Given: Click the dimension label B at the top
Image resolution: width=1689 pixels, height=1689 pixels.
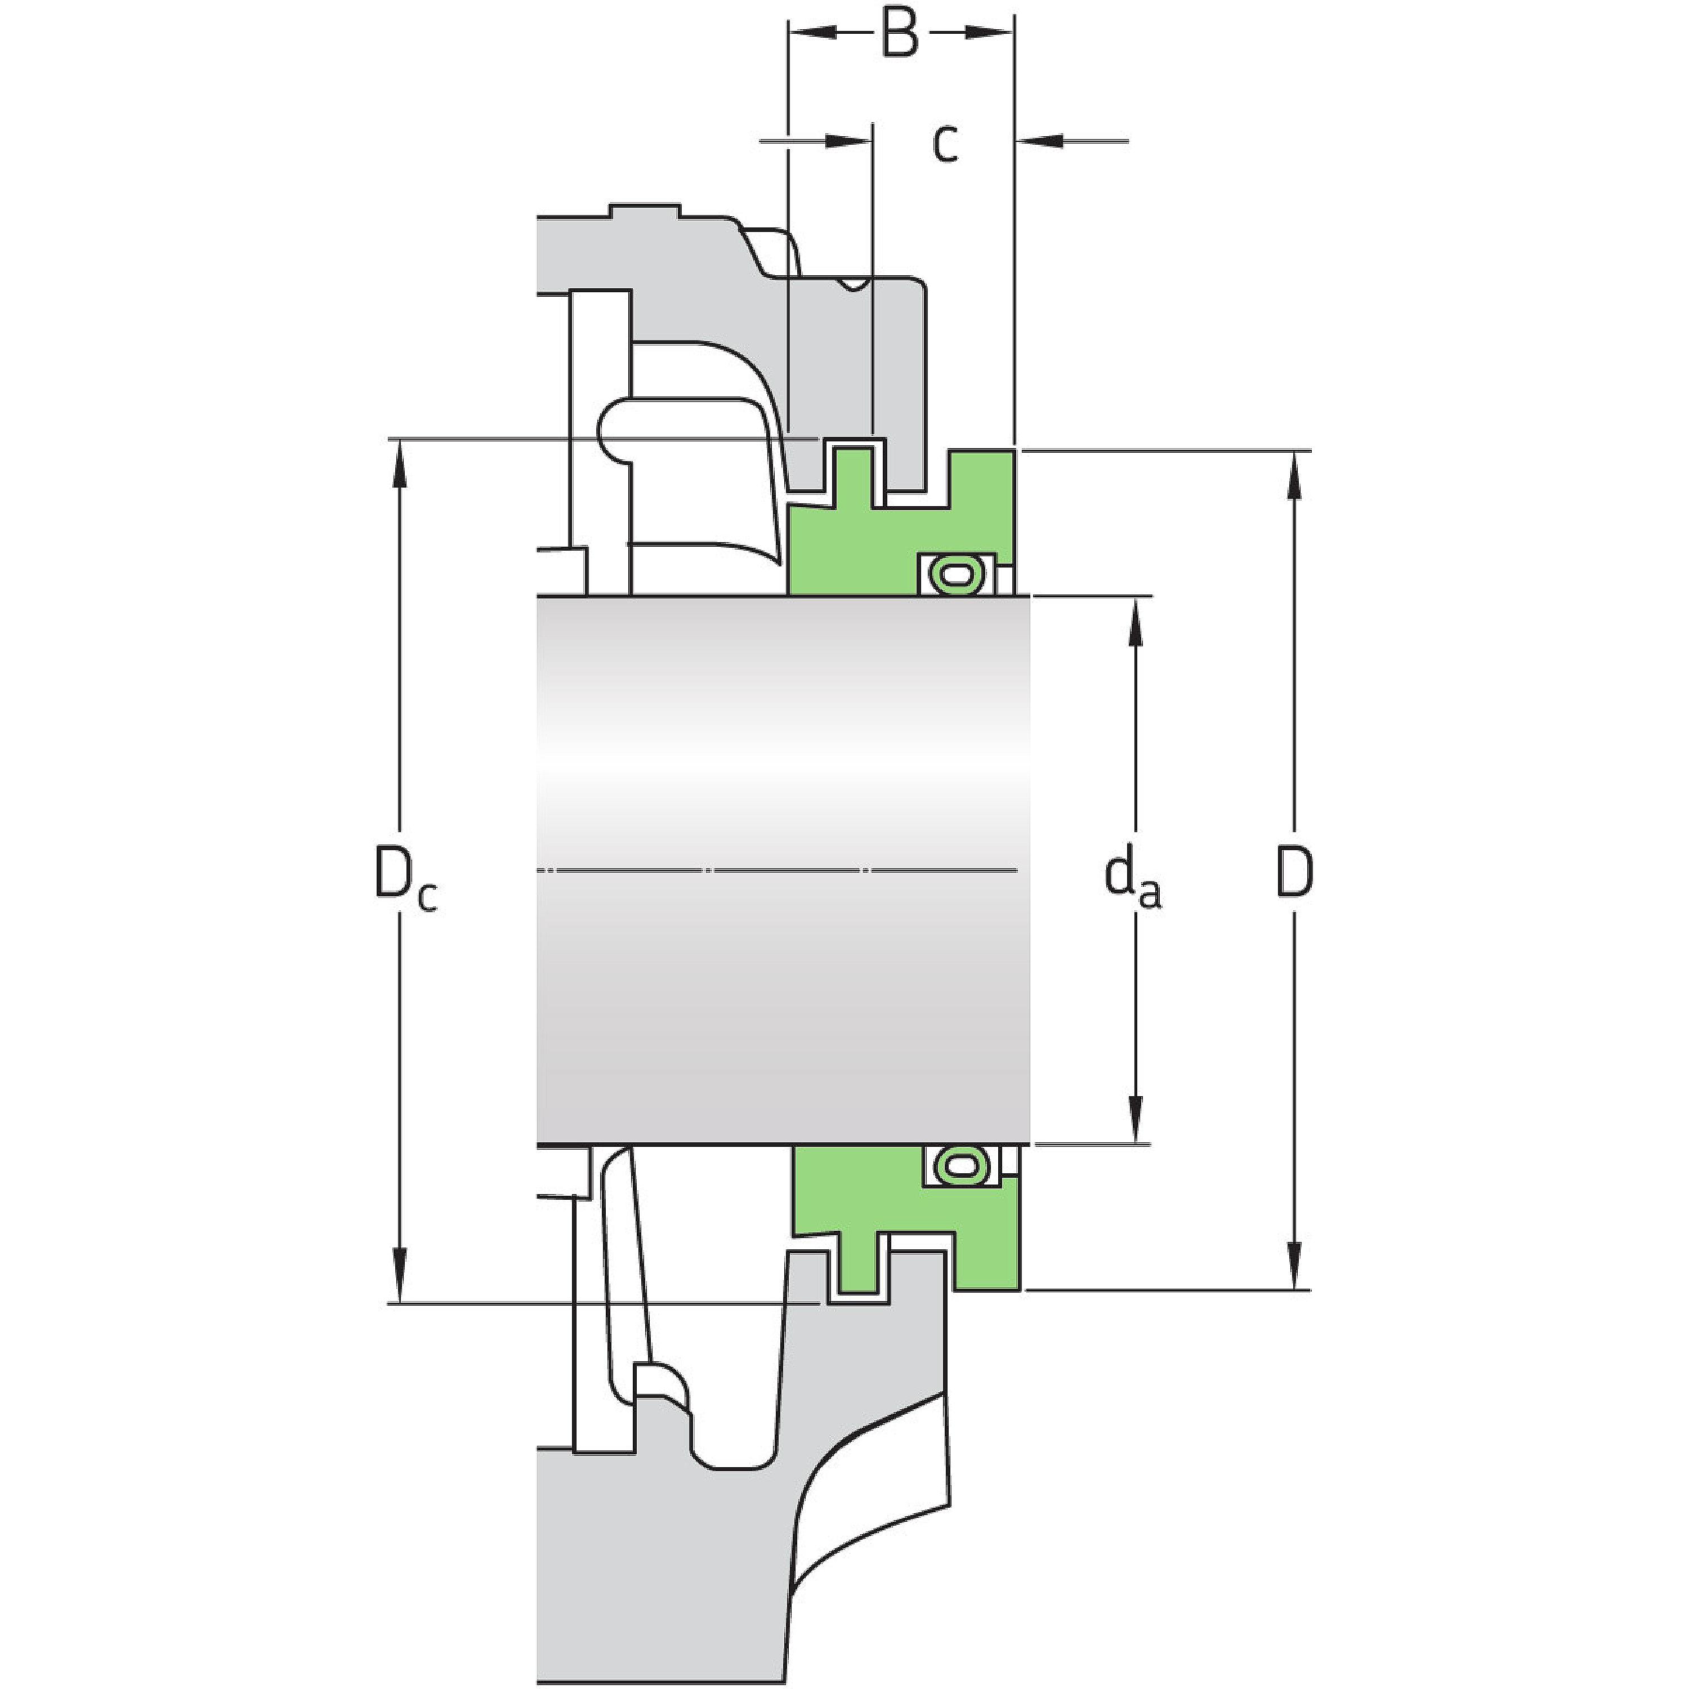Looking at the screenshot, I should coord(900,34).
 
